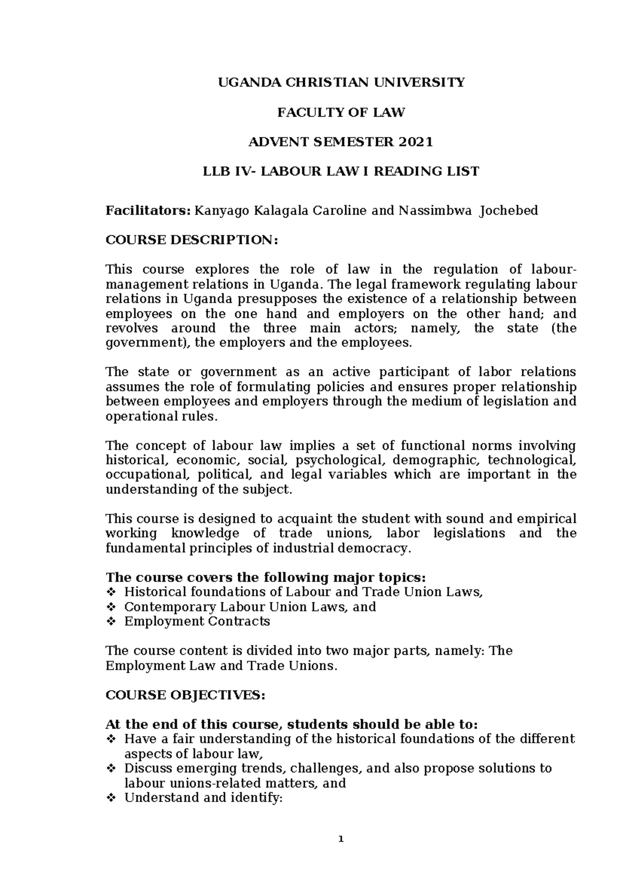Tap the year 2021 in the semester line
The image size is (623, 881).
[415, 142]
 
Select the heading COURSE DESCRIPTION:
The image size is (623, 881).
[192, 240]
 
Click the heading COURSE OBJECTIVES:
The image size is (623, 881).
[185, 696]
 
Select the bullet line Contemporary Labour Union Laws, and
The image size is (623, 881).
[250, 607]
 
